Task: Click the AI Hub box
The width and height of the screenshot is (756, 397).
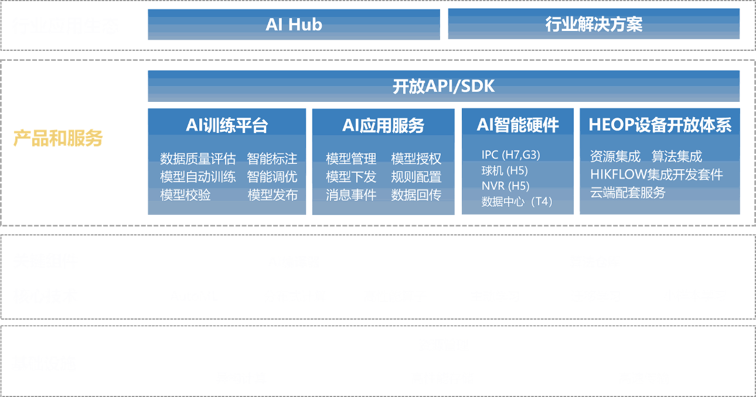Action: (294, 25)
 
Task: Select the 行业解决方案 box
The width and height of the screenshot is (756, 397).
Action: (594, 25)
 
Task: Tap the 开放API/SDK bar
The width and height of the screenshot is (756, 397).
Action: (444, 87)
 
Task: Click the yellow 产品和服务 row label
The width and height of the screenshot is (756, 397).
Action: (58, 139)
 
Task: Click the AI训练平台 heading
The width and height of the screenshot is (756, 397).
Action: (227, 125)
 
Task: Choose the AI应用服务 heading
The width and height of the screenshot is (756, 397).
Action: (383, 125)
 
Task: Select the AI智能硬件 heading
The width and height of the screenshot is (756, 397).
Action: (517, 125)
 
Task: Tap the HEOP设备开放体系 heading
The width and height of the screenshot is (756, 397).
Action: (660, 125)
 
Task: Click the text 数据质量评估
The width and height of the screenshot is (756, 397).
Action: (198, 159)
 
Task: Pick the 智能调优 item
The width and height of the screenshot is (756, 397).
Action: (272, 176)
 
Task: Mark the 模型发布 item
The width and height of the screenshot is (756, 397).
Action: (273, 195)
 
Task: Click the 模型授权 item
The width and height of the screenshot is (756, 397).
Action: (416, 159)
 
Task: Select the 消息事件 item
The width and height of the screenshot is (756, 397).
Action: (351, 195)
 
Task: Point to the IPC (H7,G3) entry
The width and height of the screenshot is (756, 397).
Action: (510, 155)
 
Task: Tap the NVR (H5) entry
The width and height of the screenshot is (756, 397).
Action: (505, 186)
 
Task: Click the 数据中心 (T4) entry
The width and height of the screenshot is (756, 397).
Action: (517, 202)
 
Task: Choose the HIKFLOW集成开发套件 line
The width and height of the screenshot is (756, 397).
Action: (656, 174)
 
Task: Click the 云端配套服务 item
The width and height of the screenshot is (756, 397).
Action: (628, 193)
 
